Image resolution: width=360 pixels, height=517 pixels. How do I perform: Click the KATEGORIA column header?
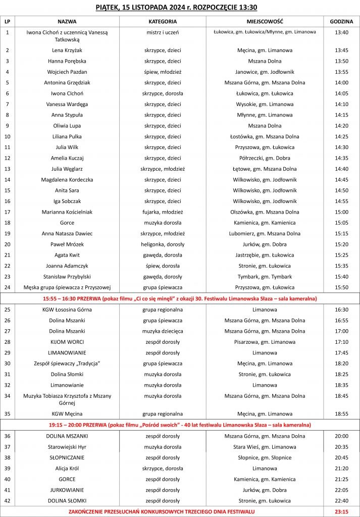[x=163, y=22]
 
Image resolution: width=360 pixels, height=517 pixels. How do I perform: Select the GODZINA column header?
[x=341, y=22]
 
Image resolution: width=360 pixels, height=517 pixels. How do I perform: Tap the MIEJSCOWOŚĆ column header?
[x=265, y=22]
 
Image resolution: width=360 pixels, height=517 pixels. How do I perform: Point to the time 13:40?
[x=341, y=32]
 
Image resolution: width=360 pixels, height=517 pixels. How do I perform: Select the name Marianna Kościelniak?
[x=67, y=212]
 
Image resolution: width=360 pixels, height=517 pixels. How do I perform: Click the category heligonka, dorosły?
[x=163, y=244]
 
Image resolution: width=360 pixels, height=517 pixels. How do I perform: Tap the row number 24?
[x=8, y=287]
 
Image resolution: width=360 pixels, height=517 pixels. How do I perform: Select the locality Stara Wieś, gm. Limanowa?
[x=265, y=447]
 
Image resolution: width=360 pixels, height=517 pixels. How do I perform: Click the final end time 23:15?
[x=341, y=511]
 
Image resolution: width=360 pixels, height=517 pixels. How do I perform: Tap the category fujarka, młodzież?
[x=163, y=212]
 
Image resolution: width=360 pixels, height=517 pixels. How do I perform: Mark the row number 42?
[x=8, y=500]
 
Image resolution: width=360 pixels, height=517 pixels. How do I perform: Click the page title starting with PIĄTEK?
[x=180, y=7]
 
